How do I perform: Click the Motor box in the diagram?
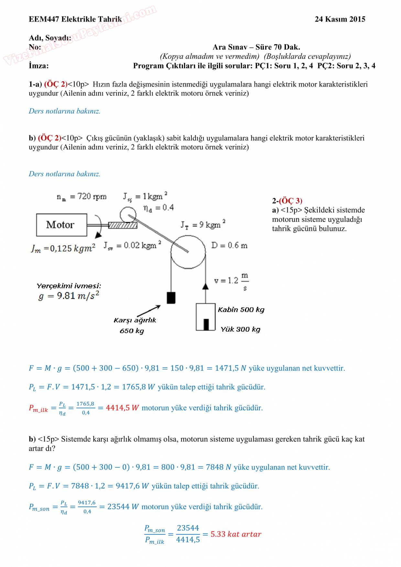pyautogui.click(x=61, y=225)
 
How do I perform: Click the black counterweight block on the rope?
pyautogui.click(x=171, y=297)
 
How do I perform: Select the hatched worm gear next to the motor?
pyautogui.click(x=123, y=225)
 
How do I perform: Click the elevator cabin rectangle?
pyautogui.click(x=206, y=317)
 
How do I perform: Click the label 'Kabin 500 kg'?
pyautogui.click(x=241, y=310)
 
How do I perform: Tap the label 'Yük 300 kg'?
pyautogui.click(x=240, y=329)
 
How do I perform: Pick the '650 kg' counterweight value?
pyautogui.click(x=132, y=331)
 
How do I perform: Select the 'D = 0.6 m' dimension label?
pyautogui.click(x=229, y=245)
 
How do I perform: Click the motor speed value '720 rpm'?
pyautogui.click(x=92, y=197)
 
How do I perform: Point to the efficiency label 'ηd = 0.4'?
pyautogui.click(x=158, y=208)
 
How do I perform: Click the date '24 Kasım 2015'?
pyautogui.click(x=340, y=19)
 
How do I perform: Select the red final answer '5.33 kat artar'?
pyautogui.click(x=236, y=534)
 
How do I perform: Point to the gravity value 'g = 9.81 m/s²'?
pyautogui.click(x=69, y=296)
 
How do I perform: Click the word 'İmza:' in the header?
pyautogui.click(x=38, y=66)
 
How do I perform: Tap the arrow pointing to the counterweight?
pyautogui.click(x=149, y=310)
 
